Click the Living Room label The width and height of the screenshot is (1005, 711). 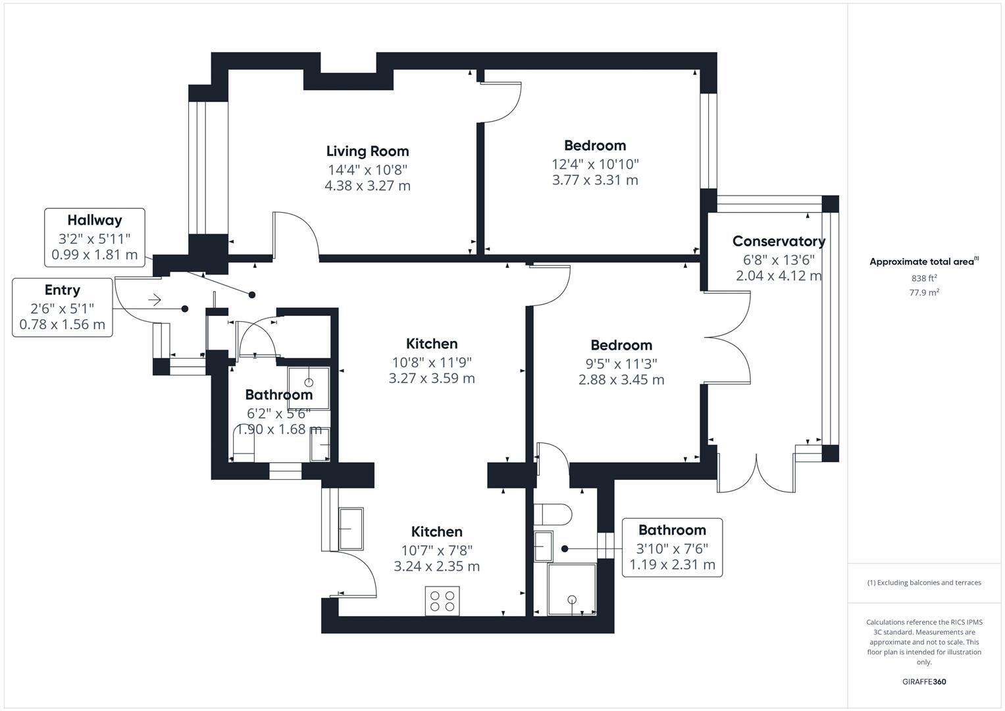click(367, 151)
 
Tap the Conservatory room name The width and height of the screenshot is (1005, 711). click(779, 242)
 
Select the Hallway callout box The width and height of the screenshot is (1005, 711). click(95, 238)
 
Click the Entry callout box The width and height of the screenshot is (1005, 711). click(63, 307)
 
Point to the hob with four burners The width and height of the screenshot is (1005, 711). click(442, 600)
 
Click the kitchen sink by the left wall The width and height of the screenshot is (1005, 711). click(351, 529)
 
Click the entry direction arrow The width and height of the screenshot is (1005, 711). click(155, 300)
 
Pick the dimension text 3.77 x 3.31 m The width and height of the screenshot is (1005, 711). click(595, 180)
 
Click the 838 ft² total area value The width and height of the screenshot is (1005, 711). click(923, 278)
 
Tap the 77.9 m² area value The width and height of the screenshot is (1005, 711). click(923, 293)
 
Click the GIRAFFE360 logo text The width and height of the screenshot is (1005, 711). click(923, 681)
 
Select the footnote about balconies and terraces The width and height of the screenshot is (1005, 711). click(923, 583)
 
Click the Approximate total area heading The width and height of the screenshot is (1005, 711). click(923, 262)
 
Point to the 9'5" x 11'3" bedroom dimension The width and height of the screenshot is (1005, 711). click(621, 363)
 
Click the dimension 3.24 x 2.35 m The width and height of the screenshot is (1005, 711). click(436, 566)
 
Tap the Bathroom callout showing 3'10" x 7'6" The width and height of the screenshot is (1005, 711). click(672, 548)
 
